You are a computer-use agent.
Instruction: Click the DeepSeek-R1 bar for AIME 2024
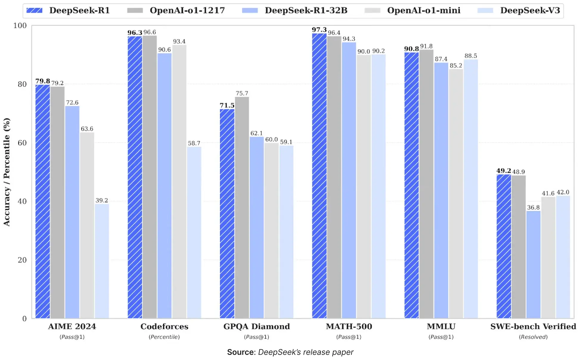[43, 201]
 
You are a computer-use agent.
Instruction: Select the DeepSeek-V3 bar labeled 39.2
[102, 261]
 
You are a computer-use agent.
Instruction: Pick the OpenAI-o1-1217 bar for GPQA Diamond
[242, 207]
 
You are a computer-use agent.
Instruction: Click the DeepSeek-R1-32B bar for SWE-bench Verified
[533, 264]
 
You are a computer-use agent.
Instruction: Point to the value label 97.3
[319, 30]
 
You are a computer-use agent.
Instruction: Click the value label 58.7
[194, 143]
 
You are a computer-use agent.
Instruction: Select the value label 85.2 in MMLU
[456, 66]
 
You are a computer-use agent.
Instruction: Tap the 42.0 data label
[563, 192]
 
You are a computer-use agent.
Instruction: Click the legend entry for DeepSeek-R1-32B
[306, 10]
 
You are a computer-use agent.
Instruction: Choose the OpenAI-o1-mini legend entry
[424, 10]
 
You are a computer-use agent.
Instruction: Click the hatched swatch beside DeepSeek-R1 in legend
[34, 10]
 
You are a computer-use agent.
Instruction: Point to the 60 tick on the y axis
[22, 143]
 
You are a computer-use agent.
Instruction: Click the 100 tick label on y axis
[20, 26]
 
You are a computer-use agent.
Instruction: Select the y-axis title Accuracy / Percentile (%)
[7, 172]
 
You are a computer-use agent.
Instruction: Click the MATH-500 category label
[349, 327]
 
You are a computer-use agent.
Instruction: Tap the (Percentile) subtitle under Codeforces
[164, 337]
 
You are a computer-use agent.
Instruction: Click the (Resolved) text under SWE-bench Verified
[533, 337]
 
